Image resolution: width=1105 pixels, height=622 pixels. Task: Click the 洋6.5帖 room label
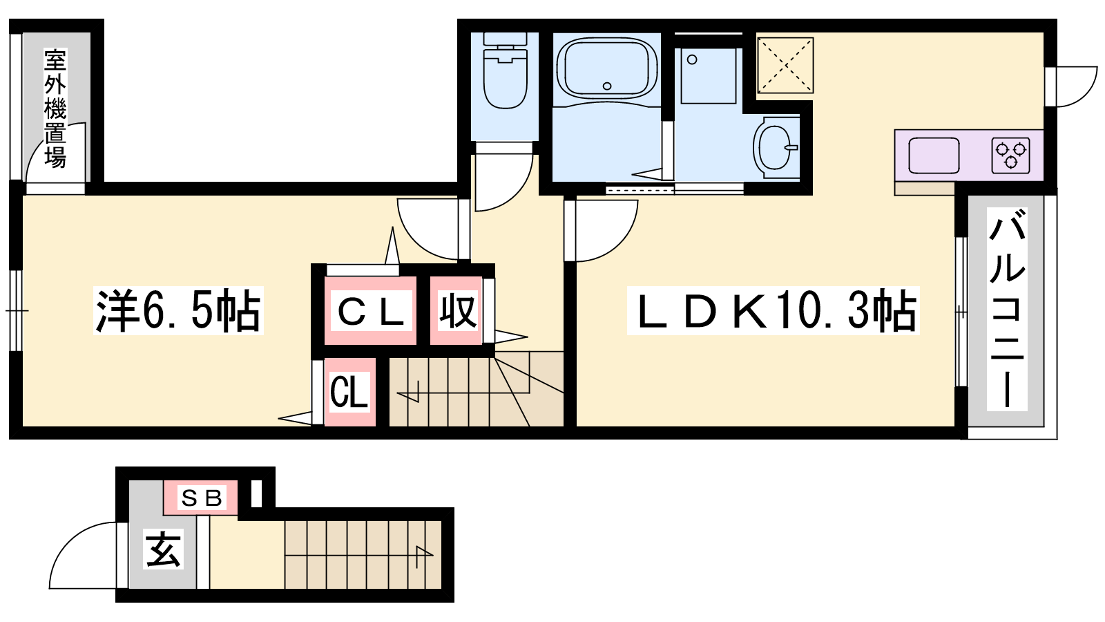[x=178, y=311]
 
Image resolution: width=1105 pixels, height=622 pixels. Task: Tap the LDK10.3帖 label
[x=773, y=311]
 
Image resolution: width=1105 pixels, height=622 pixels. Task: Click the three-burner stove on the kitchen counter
[x=1010, y=155]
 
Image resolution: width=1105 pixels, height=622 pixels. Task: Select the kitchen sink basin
[x=934, y=155]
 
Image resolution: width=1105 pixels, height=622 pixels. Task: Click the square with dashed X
[x=785, y=65]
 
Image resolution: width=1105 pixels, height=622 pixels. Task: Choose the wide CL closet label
[x=370, y=311]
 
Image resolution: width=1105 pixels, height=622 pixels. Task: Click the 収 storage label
[x=457, y=311]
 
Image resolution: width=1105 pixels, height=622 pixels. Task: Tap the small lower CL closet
[x=349, y=392]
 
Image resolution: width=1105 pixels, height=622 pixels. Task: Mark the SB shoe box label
[x=201, y=498]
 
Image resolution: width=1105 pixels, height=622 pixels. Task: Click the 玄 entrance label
[x=164, y=550]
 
